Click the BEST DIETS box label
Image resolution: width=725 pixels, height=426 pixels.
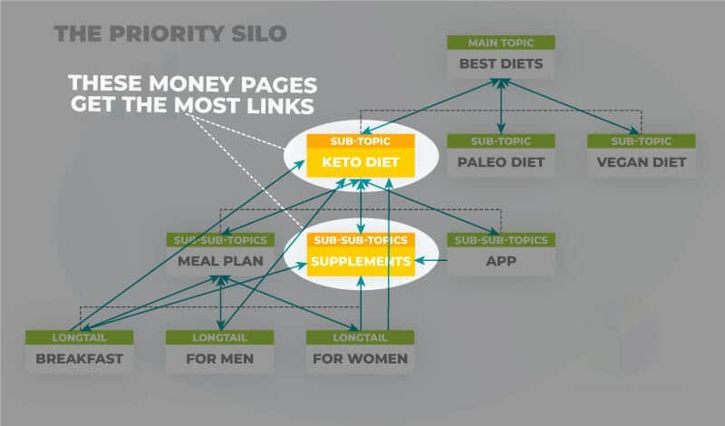point(501,65)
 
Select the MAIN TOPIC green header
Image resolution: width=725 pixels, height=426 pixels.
point(501,43)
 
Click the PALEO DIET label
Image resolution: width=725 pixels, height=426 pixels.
point(501,163)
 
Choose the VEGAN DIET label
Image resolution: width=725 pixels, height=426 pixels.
point(642,163)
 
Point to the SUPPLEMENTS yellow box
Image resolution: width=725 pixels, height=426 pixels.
point(361,262)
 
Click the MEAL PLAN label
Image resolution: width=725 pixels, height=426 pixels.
point(220,262)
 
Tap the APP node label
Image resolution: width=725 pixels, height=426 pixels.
point(501,262)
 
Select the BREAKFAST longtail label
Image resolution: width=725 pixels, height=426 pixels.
point(79,359)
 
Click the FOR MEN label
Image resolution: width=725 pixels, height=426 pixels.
point(220,359)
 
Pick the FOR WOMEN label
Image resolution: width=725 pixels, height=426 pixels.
point(361,359)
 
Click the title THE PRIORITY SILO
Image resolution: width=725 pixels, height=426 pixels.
point(170,34)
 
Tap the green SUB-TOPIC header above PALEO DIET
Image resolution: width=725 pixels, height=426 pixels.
point(501,140)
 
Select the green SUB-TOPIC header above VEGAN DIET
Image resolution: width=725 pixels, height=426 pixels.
point(642,140)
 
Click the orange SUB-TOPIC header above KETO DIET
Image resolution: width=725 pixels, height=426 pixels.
point(361,141)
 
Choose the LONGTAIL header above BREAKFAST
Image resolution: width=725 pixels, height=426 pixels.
point(79,337)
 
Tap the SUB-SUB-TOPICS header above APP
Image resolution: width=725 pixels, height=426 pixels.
point(501,240)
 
